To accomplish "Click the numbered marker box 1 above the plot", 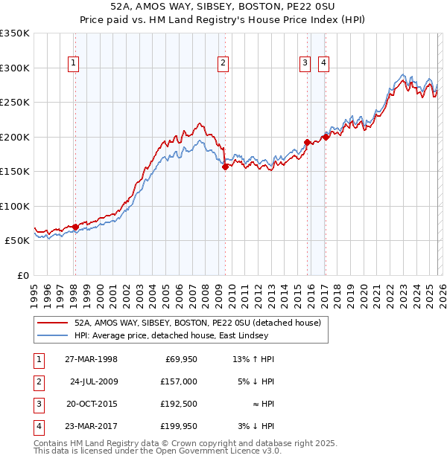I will tap(74, 64).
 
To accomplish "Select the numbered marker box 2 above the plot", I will tap(223, 64).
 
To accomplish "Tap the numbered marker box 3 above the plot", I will tap(305, 64).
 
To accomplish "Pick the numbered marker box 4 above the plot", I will tap(324, 64).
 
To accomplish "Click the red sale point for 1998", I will tap(75, 227).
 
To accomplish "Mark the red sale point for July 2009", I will tap(225, 167).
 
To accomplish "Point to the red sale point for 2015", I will tap(307, 142).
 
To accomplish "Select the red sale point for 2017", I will tap(326, 137).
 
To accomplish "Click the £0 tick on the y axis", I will tap(22, 275).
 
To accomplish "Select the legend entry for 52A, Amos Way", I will tap(197, 323).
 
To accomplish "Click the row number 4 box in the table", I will tap(38, 426).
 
